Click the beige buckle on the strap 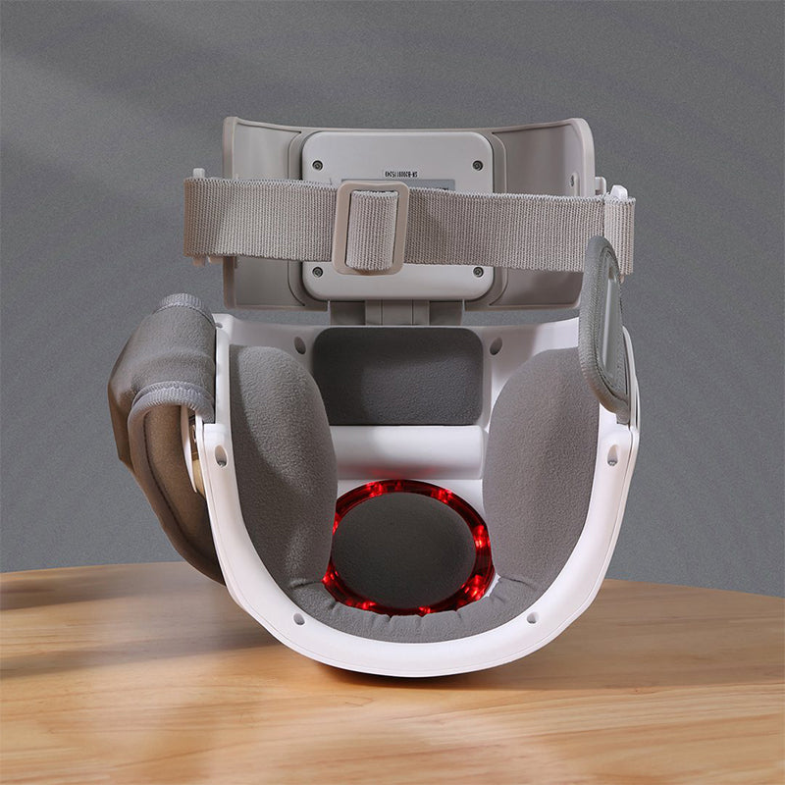coord(370,227)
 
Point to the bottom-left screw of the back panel coord(316,272)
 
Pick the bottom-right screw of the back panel coord(477,272)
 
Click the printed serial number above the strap coord(415,174)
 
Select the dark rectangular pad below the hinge coord(398,375)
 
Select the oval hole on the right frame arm coord(612,455)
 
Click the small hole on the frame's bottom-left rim coord(297,618)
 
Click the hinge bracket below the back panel coord(397,312)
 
